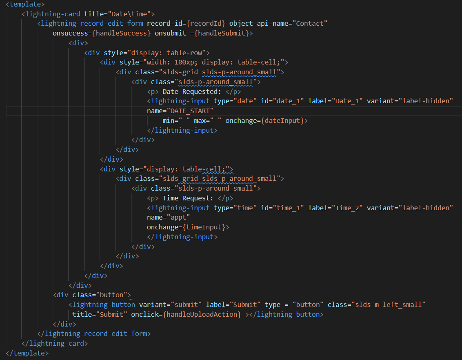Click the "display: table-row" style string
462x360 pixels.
pyautogui.click(x=169, y=53)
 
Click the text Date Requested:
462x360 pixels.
pyautogui.click(x=192, y=91)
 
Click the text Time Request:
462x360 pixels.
pyautogui.click(x=188, y=198)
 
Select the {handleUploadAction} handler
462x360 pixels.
pyautogui.click(x=202, y=315)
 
